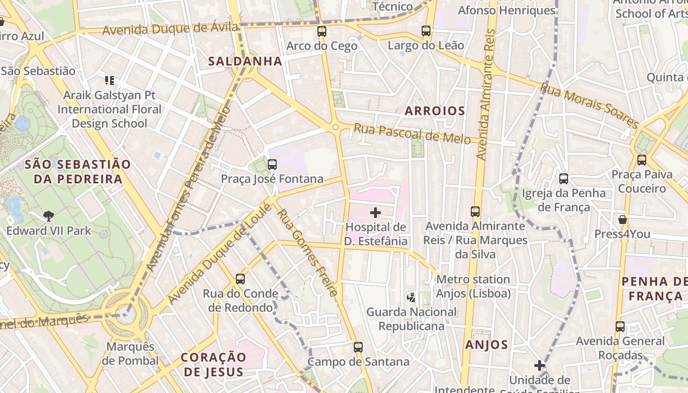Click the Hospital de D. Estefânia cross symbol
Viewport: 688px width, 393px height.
pyautogui.click(x=375, y=213)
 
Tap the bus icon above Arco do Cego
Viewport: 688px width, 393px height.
pyautogui.click(x=322, y=31)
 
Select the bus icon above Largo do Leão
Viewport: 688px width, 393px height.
pyautogui.click(x=426, y=31)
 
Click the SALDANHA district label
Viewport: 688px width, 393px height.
pyautogui.click(x=245, y=61)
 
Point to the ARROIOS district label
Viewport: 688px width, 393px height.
pyautogui.click(x=434, y=111)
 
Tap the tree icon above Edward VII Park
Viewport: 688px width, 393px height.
pyautogui.click(x=48, y=216)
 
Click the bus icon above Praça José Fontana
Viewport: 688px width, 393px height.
pyautogui.click(x=272, y=165)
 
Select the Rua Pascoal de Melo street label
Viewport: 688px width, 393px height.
pyautogui.click(x=412, y=134)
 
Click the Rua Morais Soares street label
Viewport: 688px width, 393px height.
pyautogui.click(x=589, y=106)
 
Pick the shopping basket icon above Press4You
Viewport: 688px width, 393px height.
pyautogui.click(x=622, y=220)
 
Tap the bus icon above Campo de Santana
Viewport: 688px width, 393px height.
pyautogui.click(x=358, y=347)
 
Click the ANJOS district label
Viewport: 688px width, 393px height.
pyautogui.click(x=487, y=345)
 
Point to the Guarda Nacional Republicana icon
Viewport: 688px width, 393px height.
pyautogui.click(x=411, y=297)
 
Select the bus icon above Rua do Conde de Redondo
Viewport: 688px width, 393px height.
pyautogui.click(x=240, y=279)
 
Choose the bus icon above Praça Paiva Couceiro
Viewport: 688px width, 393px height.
pyautogui.click(x=642, y=160)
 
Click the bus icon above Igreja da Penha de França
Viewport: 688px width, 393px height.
pyautogui.click(x=564, y=179)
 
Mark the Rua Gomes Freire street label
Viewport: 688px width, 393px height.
pyautogui.click(x=307, y=253)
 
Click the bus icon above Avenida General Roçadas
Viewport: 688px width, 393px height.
pyautogui.click(x=620, y=327)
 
